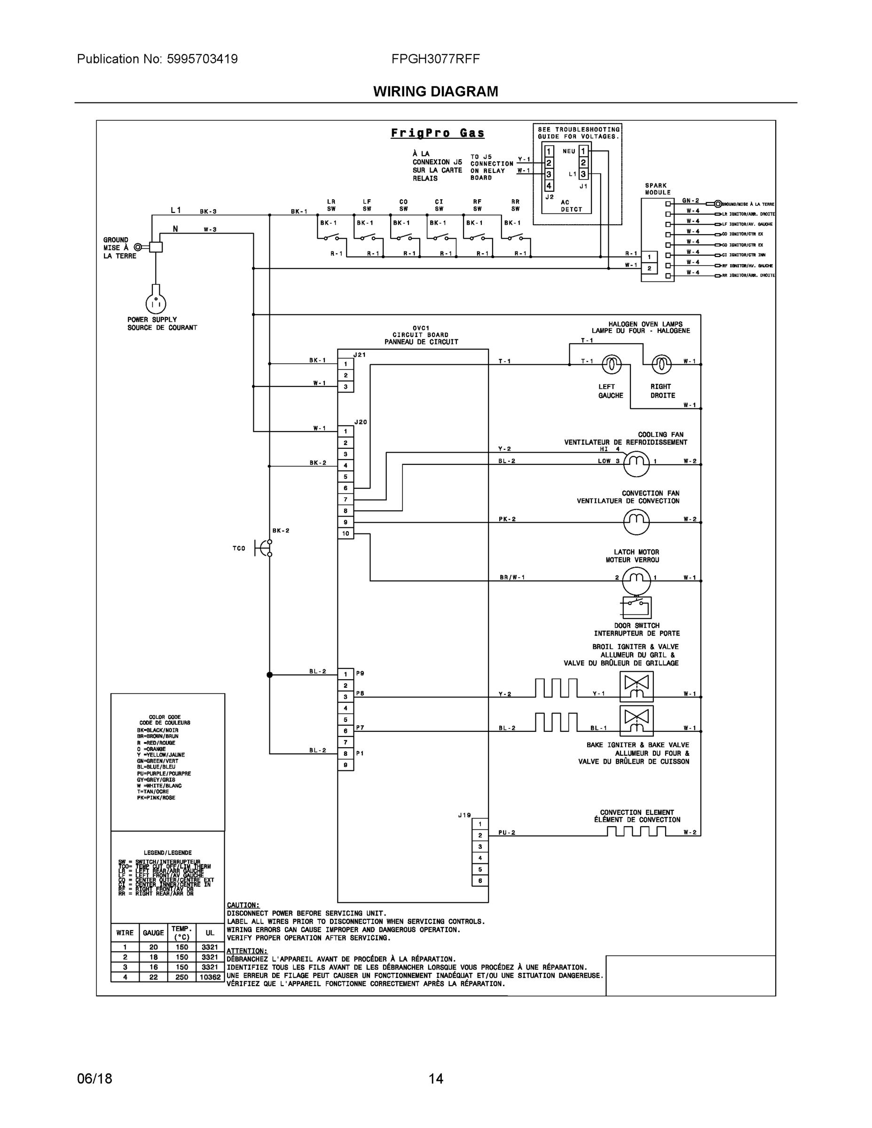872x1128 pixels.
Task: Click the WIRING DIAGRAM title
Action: pyautogui.click(x=435, y=92)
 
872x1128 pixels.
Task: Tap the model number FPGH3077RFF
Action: pyautogui.click(x=435, y=59)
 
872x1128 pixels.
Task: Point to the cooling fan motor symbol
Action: pyautogui.click(x=636, y=464)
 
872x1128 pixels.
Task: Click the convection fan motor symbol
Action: pyautogui.click(x=636, y=522)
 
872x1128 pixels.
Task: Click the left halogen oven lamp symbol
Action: pyautogui.click(x=611, y=365)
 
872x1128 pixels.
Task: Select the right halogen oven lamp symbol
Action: pyautogui.click(x=661, y=365)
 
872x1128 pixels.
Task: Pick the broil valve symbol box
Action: pyautogui.click(x=636, y=686)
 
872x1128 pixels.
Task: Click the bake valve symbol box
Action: pyautogui.click(x=636, y=721)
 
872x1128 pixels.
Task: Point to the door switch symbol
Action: pyautogui.click(x=636, y=607)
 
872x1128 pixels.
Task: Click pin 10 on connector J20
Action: pyautogui.click(x=346, y=533)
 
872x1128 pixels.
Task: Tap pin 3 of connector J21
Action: pyautogui.click(x=346, y=387)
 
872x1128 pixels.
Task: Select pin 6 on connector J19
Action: pyautogui.click(x=480, y=881)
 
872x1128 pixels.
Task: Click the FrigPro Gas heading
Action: pyautogui.click(x=438, y=133)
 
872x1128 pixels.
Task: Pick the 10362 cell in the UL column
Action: pyautogui.click(x=210, y=977)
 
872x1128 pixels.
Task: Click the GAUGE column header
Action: pyautogui.click(x=153, y=933)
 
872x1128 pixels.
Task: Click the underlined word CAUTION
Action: pyautogui.click(x=243, y=905)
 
